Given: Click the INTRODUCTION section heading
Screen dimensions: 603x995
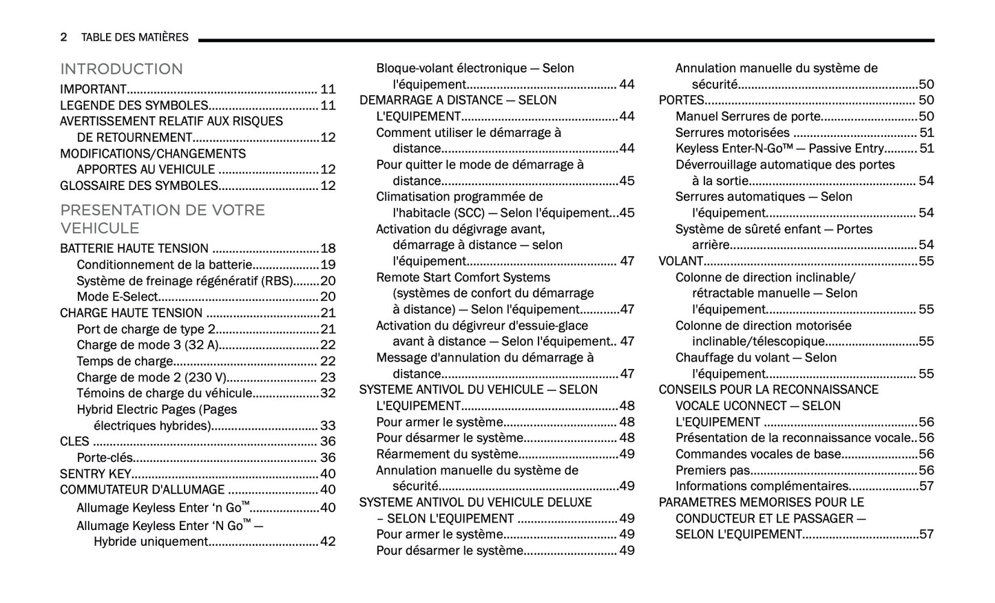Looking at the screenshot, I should (121, 70).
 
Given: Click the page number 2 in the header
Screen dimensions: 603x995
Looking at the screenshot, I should (64, 37).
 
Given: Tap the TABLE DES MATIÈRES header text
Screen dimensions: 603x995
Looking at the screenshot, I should (134, 37).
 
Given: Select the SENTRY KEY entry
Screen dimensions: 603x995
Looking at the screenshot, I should (95, 474).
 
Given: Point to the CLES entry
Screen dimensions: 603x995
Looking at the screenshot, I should (74, 441).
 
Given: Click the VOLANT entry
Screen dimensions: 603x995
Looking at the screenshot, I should (680, 261).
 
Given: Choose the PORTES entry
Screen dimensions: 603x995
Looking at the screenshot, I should (681, 100).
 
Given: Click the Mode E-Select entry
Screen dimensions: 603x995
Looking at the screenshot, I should (117, 297).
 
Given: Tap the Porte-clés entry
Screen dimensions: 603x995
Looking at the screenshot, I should (105, 458).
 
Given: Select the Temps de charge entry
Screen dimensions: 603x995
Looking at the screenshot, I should (125, 361).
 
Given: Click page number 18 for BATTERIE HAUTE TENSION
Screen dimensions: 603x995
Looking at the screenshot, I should (328, 248).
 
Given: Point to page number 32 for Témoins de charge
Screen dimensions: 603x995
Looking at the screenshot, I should (328, 393).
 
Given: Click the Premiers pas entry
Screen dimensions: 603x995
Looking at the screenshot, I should (711, 470).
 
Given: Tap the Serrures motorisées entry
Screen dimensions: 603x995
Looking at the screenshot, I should (732, 132).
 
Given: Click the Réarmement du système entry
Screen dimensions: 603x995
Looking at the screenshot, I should (447, 454).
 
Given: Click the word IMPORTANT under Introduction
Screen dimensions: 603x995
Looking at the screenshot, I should (93, 89).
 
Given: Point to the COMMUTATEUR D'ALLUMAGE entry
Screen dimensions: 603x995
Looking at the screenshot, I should (142, 489).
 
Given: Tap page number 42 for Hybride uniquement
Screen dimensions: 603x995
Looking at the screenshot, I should (328, 542).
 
